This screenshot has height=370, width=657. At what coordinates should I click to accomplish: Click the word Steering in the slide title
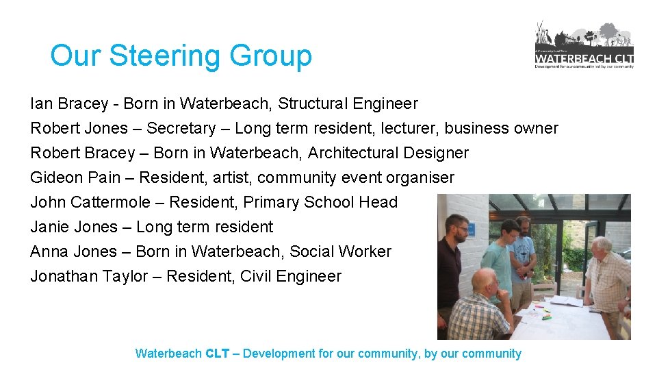(x=166, y=56)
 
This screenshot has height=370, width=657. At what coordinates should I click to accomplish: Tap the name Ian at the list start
(x=40, y=103)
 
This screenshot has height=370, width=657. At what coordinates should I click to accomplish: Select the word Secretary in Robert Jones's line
(x=180, y=128)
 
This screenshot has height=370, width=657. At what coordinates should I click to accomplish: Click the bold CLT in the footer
(x=217, y=354)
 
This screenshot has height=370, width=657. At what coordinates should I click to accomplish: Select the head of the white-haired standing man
(x=601, y=246)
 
